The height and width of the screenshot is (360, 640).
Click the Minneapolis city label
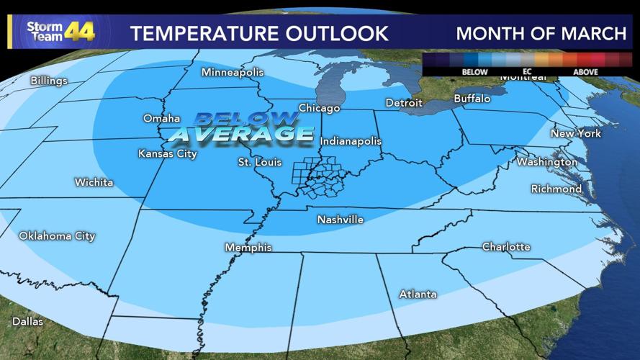coord(233,73)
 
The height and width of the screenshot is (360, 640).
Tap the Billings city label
coord(49,81)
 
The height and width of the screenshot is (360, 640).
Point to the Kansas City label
coord(168,154)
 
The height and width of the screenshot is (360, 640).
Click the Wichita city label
coord(94,183)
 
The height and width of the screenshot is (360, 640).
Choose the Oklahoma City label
coord(57,236)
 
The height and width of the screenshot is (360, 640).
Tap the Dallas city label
coord(27,321)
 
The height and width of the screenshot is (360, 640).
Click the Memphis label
coord(248,248)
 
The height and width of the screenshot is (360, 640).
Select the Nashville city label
coord(341,220)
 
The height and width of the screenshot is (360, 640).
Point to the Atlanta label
coord(418,294)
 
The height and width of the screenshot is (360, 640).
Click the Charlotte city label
coord(506,247)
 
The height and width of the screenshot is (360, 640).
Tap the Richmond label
coord(556,189)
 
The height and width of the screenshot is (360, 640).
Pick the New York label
coord(575,134)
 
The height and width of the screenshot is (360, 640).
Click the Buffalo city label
coord(472,99)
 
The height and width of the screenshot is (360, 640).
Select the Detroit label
coord(404,103)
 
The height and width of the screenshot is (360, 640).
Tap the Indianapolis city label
coord(351,141)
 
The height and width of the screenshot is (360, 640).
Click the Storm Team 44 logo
coord(60,31)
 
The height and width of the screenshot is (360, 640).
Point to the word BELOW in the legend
coord(474,72)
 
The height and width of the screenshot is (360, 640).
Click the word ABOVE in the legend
coord(585,72)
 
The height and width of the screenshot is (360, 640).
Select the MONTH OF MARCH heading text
coord(541,33)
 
